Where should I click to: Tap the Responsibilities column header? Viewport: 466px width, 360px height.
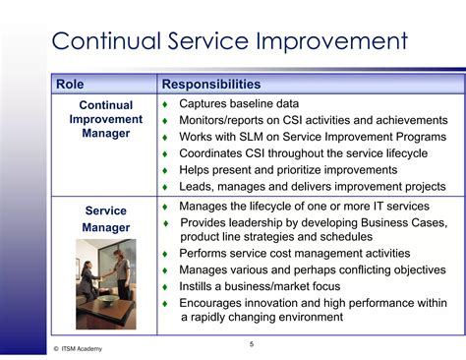coord(210,85)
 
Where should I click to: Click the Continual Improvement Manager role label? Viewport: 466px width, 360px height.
coord(105,119)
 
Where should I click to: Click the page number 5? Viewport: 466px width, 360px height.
coord(251,343)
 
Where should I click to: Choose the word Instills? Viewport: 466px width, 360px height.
coord(203,286)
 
